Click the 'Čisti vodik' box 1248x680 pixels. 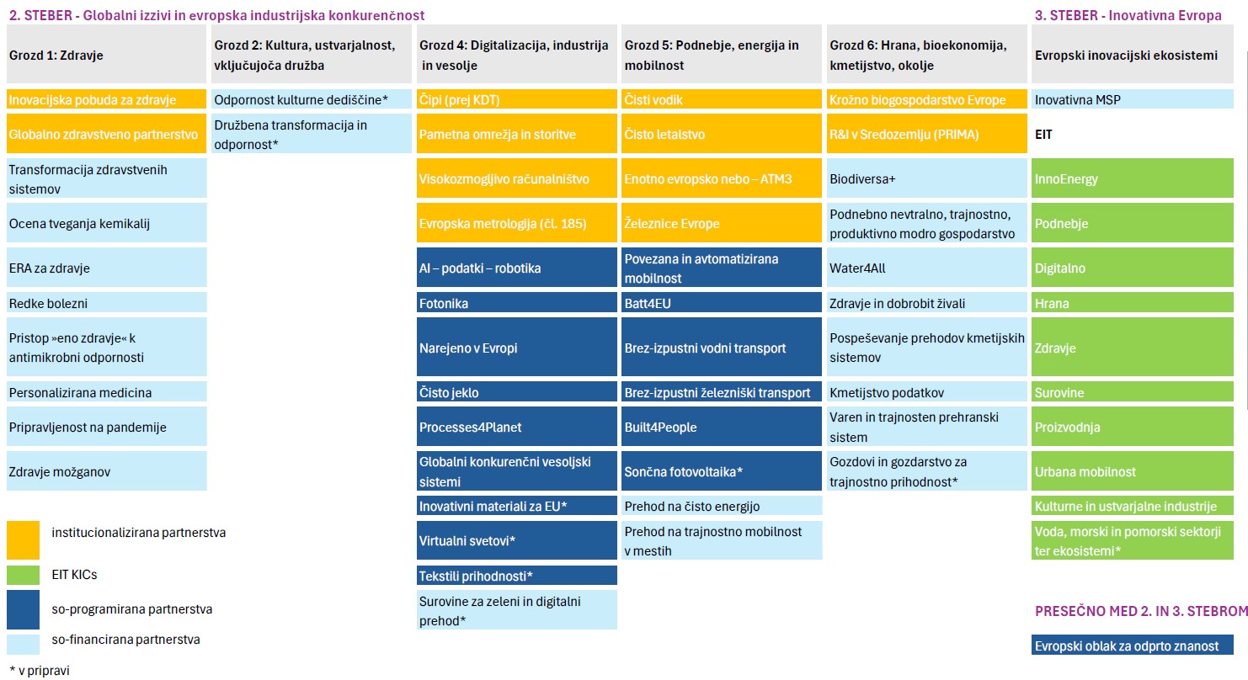(x=722, y=99)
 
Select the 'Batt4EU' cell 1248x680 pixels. (x=722, y=303)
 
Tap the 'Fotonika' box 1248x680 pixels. (x=517, y=303)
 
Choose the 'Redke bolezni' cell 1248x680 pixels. (x=106, y=303)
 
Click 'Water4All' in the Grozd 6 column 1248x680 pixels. (x=926, y=268)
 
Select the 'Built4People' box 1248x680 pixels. (x=722, y=427)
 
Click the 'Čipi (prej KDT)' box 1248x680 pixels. (x=517, y=99)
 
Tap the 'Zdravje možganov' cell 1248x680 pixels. (x=106, y=471)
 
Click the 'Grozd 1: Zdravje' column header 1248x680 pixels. (x=106, y=55)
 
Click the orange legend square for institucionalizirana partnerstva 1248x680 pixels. (x=23, y=539)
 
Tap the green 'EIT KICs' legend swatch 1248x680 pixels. (x=23, y=575)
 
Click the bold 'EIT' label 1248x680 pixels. (x=1043, y=134)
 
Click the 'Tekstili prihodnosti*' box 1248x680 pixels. (x=517, y=576)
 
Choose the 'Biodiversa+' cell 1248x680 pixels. (x=926, y=179)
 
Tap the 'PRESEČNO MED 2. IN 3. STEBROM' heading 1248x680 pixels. (x=1139, y=611)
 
